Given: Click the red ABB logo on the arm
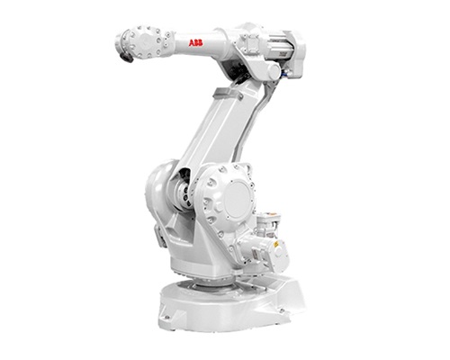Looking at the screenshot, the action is [x=195, y=43].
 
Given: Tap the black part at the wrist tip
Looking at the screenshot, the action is [x=126, y=57].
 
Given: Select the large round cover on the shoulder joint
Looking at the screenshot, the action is [x=238, y=199].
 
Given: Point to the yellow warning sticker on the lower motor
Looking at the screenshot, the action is [x=276, y=245].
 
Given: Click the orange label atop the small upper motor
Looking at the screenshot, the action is [x=273, y=214].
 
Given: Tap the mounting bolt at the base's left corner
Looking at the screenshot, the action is [x=166, y=317].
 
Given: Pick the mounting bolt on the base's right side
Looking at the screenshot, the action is [x=282, y=310].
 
